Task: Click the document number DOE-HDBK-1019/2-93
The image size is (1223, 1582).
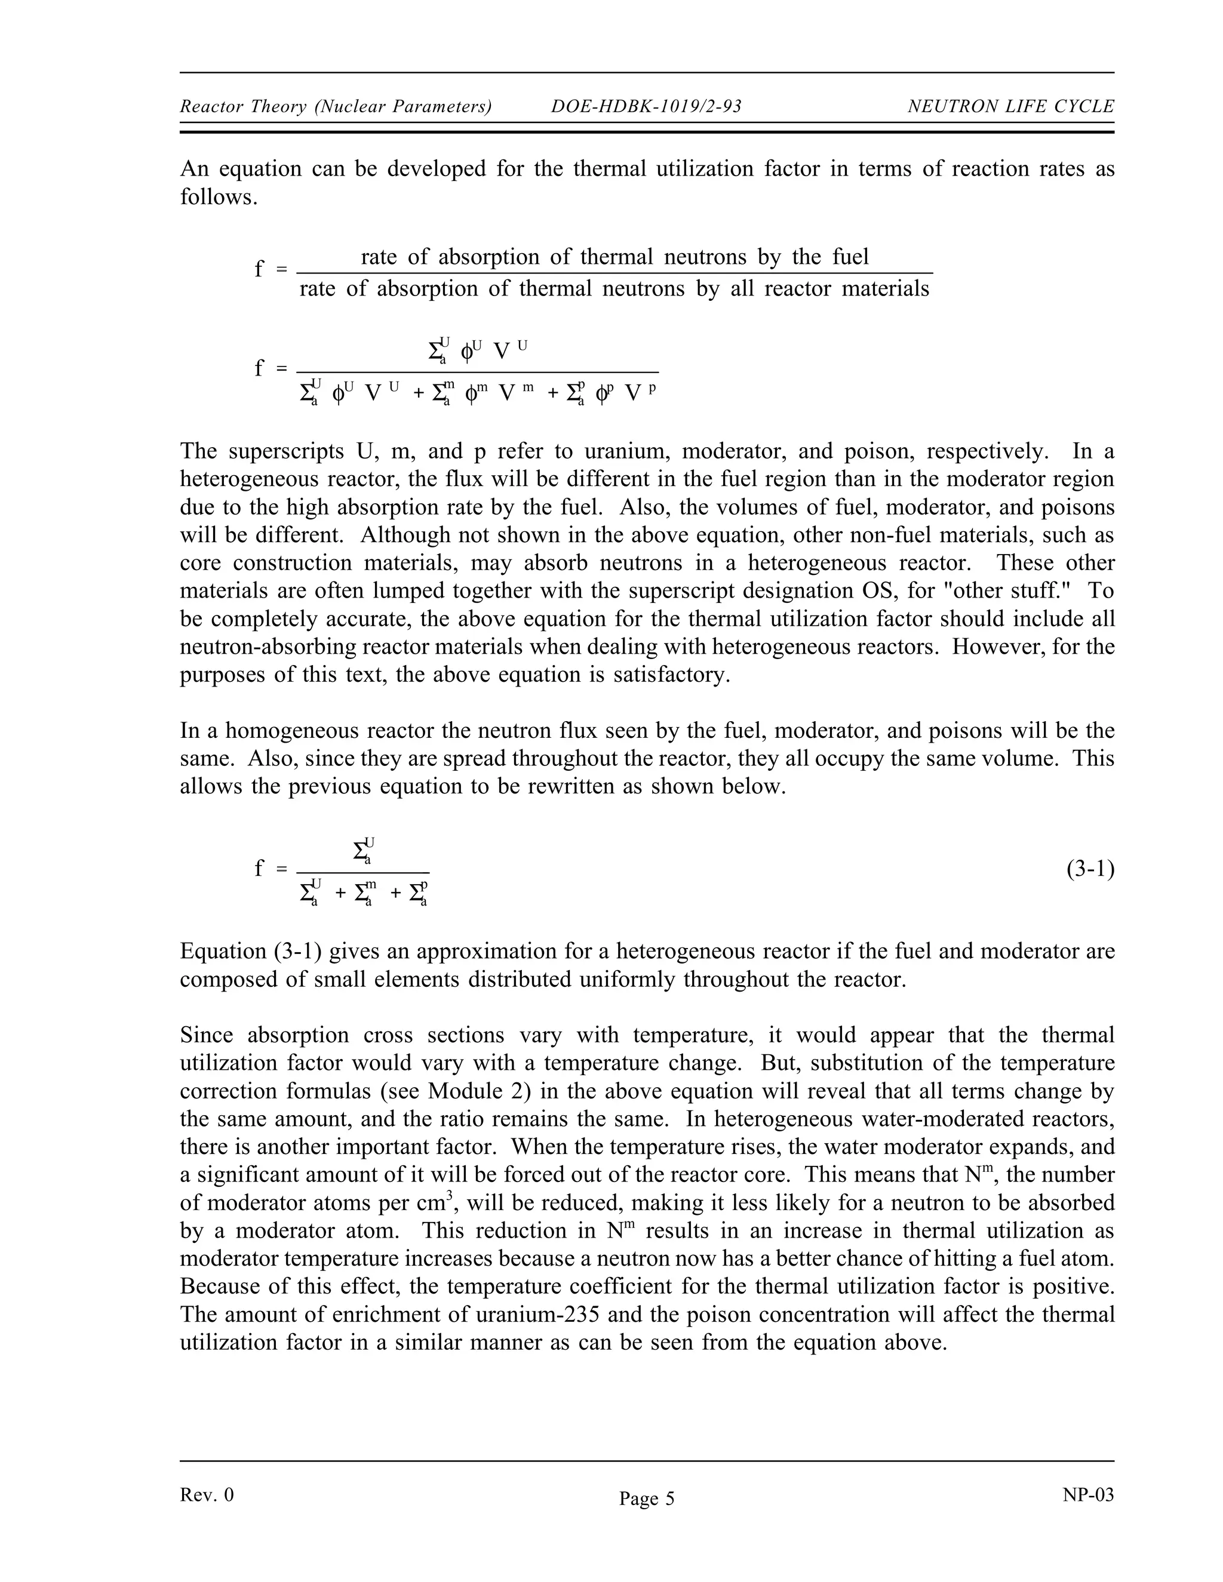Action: coord(646,107)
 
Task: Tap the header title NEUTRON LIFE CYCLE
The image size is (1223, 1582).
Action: coord(1011,107)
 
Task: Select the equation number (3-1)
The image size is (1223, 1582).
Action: coord(1090,869)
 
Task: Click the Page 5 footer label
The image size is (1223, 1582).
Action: coord(646,1498)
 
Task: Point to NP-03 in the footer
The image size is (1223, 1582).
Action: coord(1088,1495)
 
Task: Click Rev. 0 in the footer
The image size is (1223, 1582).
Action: coord(207,1495)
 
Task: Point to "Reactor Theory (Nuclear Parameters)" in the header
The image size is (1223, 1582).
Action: coord(336,107)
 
